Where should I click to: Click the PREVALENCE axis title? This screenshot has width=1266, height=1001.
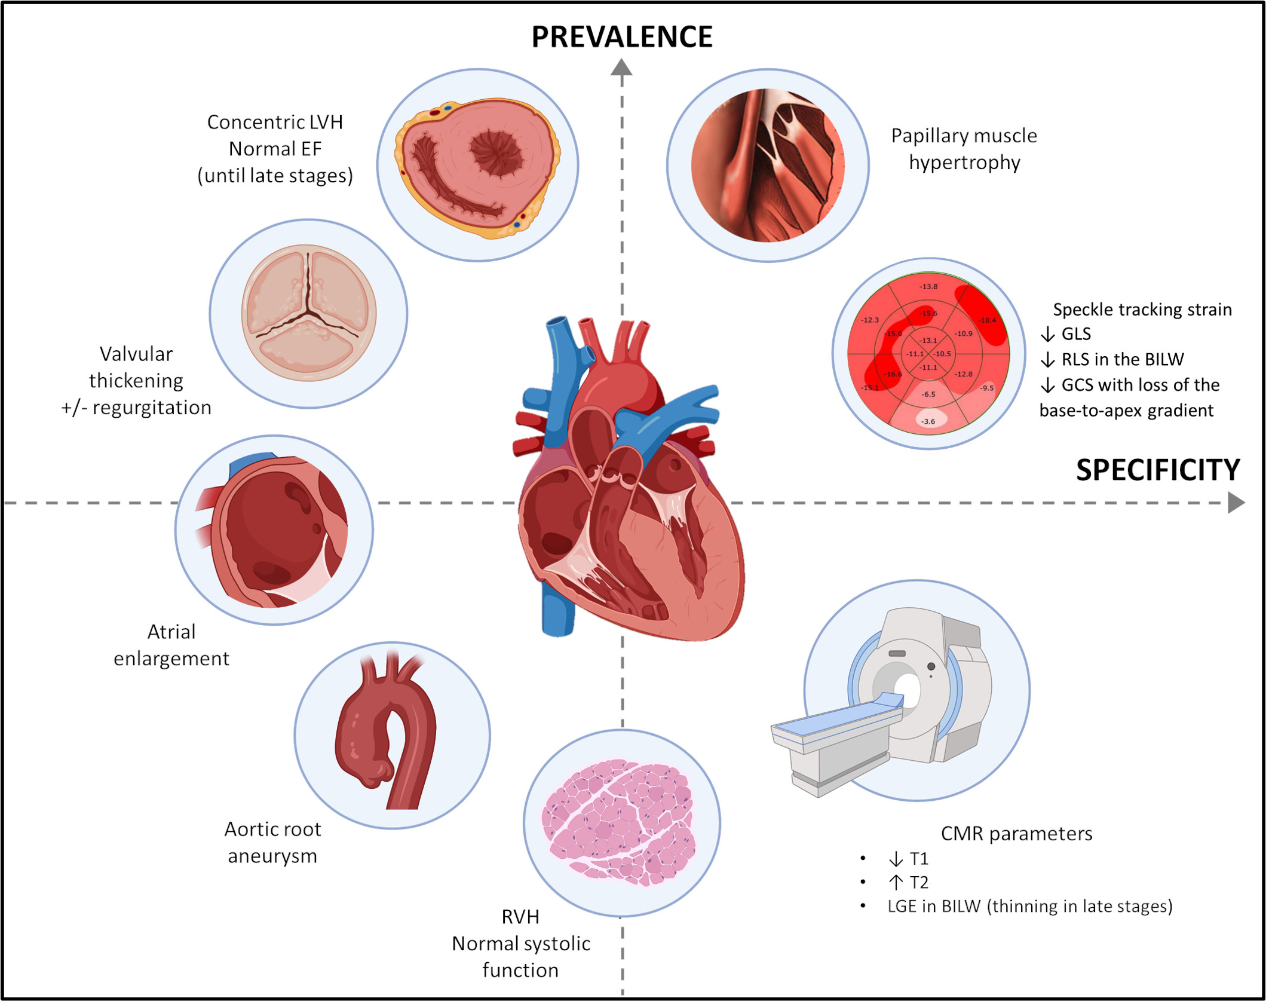coord(621,37)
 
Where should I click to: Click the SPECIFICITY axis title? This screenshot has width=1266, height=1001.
coord(1158,470)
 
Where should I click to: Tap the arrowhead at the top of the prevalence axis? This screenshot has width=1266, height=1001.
coord(621,67)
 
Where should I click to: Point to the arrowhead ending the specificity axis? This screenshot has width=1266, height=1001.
coord(1236,503)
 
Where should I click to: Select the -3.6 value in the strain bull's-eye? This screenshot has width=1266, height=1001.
coord(928,421)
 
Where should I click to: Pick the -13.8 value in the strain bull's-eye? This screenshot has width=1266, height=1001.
coord(928,286)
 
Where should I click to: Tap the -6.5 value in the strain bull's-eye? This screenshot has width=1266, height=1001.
coord(928,394)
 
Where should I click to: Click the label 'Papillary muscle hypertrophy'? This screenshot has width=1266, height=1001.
coord(964,149)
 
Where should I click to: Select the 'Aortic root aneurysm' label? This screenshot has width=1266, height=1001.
coord(272,843)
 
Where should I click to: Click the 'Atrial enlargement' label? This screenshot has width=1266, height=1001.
coord(171,645)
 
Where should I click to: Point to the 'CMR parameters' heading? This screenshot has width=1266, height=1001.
coord(1016,833)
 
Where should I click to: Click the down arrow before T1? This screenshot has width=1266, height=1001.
coord(896,859)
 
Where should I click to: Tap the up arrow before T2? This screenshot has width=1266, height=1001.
coord(896,882)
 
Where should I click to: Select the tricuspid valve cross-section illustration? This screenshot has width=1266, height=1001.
coord(309,313)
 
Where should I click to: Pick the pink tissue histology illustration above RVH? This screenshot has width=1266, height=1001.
coord(619,822)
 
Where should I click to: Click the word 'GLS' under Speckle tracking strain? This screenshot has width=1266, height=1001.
coord(1076,333)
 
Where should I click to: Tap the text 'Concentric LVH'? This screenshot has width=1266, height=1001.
coord(275,122)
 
